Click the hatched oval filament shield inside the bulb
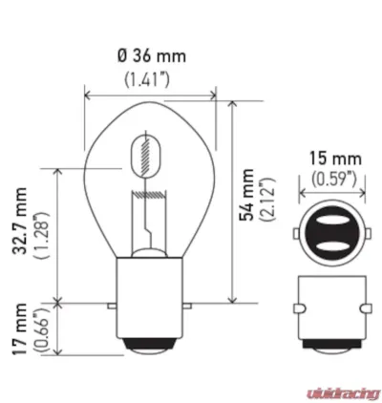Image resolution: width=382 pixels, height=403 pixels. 145,153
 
